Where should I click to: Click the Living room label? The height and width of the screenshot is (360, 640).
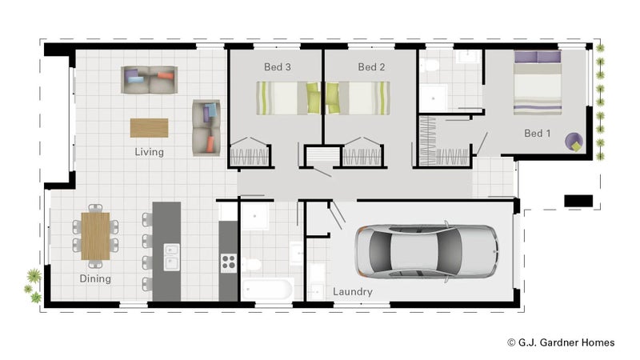coord(149,152)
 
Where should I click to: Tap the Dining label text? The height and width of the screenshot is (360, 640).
coord(95,279)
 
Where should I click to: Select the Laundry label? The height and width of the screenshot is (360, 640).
coord(353,292)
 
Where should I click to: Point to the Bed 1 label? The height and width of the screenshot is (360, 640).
coord(538,133)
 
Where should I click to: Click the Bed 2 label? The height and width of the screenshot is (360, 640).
coord(371,67)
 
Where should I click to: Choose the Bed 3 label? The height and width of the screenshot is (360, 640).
coord(278,67)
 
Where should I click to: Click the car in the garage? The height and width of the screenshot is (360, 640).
coord(426,250)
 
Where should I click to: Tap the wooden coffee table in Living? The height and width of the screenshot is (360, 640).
coord(150,128)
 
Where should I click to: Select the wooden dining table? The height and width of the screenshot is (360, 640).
coord(95,236)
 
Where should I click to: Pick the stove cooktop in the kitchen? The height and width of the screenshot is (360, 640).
coord(228,261)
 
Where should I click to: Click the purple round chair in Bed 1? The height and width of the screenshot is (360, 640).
coord(575,142)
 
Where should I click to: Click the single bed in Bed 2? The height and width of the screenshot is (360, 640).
coord(357,98)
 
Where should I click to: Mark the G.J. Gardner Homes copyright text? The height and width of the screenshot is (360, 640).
coord(561,342)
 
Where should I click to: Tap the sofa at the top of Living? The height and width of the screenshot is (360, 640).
coord(149,79)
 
